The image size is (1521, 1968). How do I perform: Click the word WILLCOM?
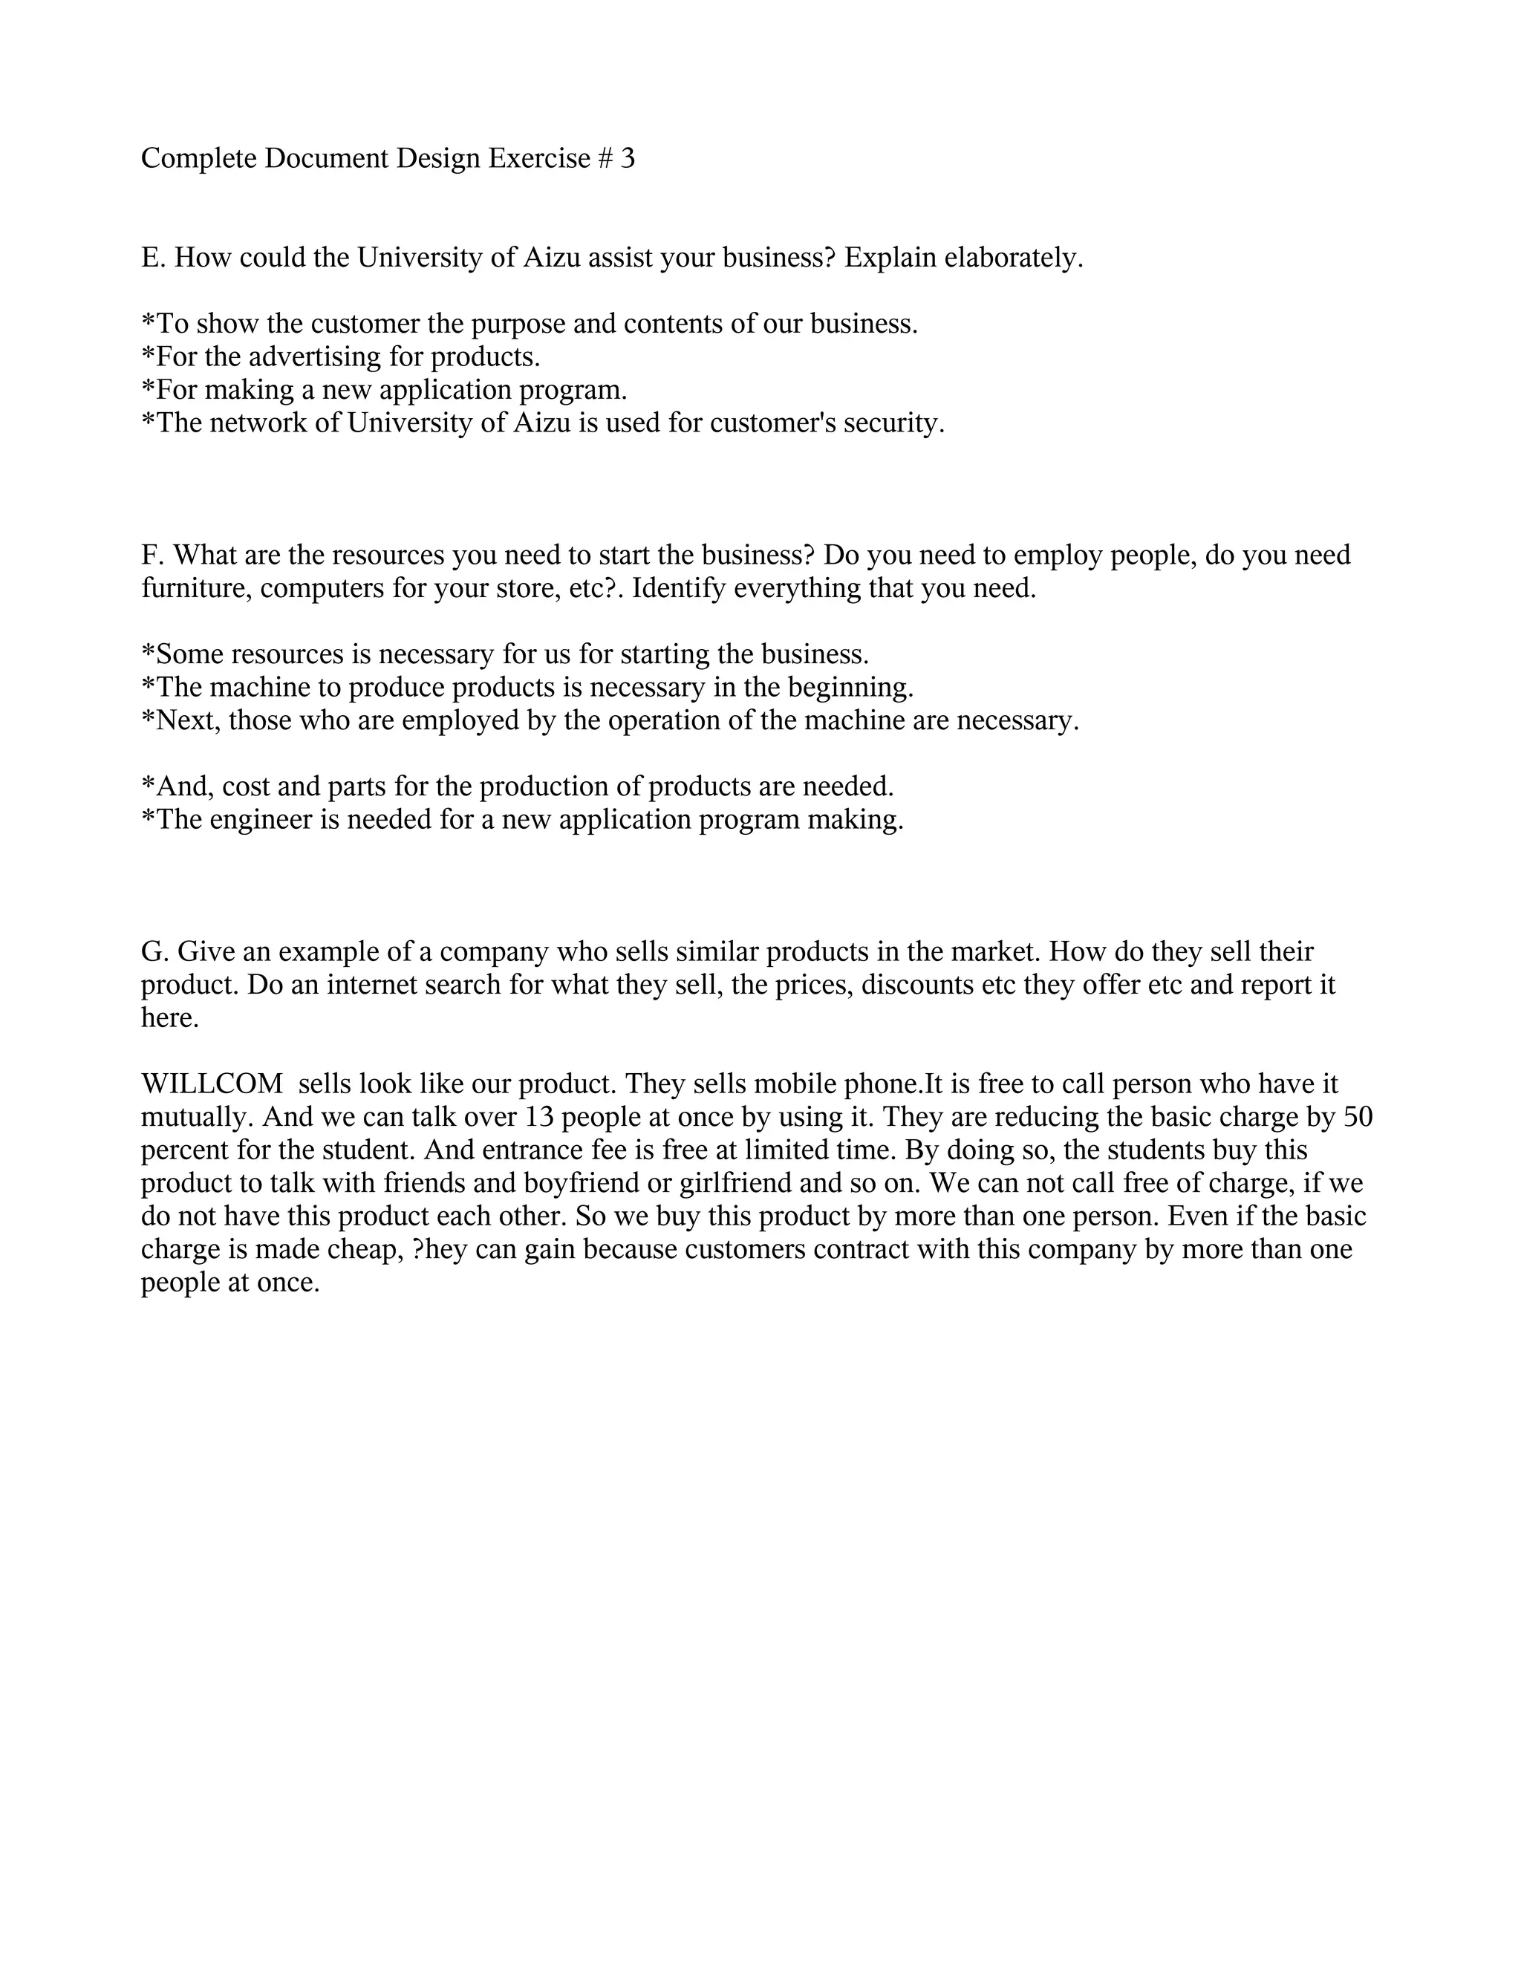click(212, 1084)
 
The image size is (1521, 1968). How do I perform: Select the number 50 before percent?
click(1358, 1118)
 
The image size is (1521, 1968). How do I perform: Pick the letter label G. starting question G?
click(155, 951)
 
